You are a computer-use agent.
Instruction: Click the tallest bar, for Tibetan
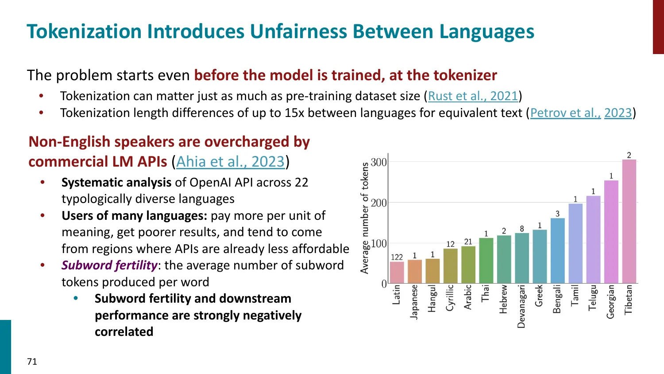pos(629,222)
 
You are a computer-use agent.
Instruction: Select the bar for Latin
pos(397,273)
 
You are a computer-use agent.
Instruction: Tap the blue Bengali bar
pos(557,251)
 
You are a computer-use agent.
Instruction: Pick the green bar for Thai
pos(486,261)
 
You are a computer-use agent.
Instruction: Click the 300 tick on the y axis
pos(378,162)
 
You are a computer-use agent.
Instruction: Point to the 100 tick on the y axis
pos(378,243)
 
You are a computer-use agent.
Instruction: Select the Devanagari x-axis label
pos(521,306)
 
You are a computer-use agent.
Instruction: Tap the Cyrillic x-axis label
pos(450,298)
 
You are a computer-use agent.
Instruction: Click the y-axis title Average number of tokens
pos(365,218)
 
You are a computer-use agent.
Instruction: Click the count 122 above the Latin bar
pos(397,257)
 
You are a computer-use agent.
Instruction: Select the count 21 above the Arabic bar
pos(468,242)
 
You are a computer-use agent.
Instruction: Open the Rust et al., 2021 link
pos(473,96)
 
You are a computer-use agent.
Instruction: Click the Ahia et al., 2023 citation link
pos(230,162)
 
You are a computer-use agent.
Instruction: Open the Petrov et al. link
pos(565,113)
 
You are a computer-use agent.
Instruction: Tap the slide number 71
pos(32,362)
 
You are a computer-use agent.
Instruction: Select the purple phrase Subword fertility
pos(109,265)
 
